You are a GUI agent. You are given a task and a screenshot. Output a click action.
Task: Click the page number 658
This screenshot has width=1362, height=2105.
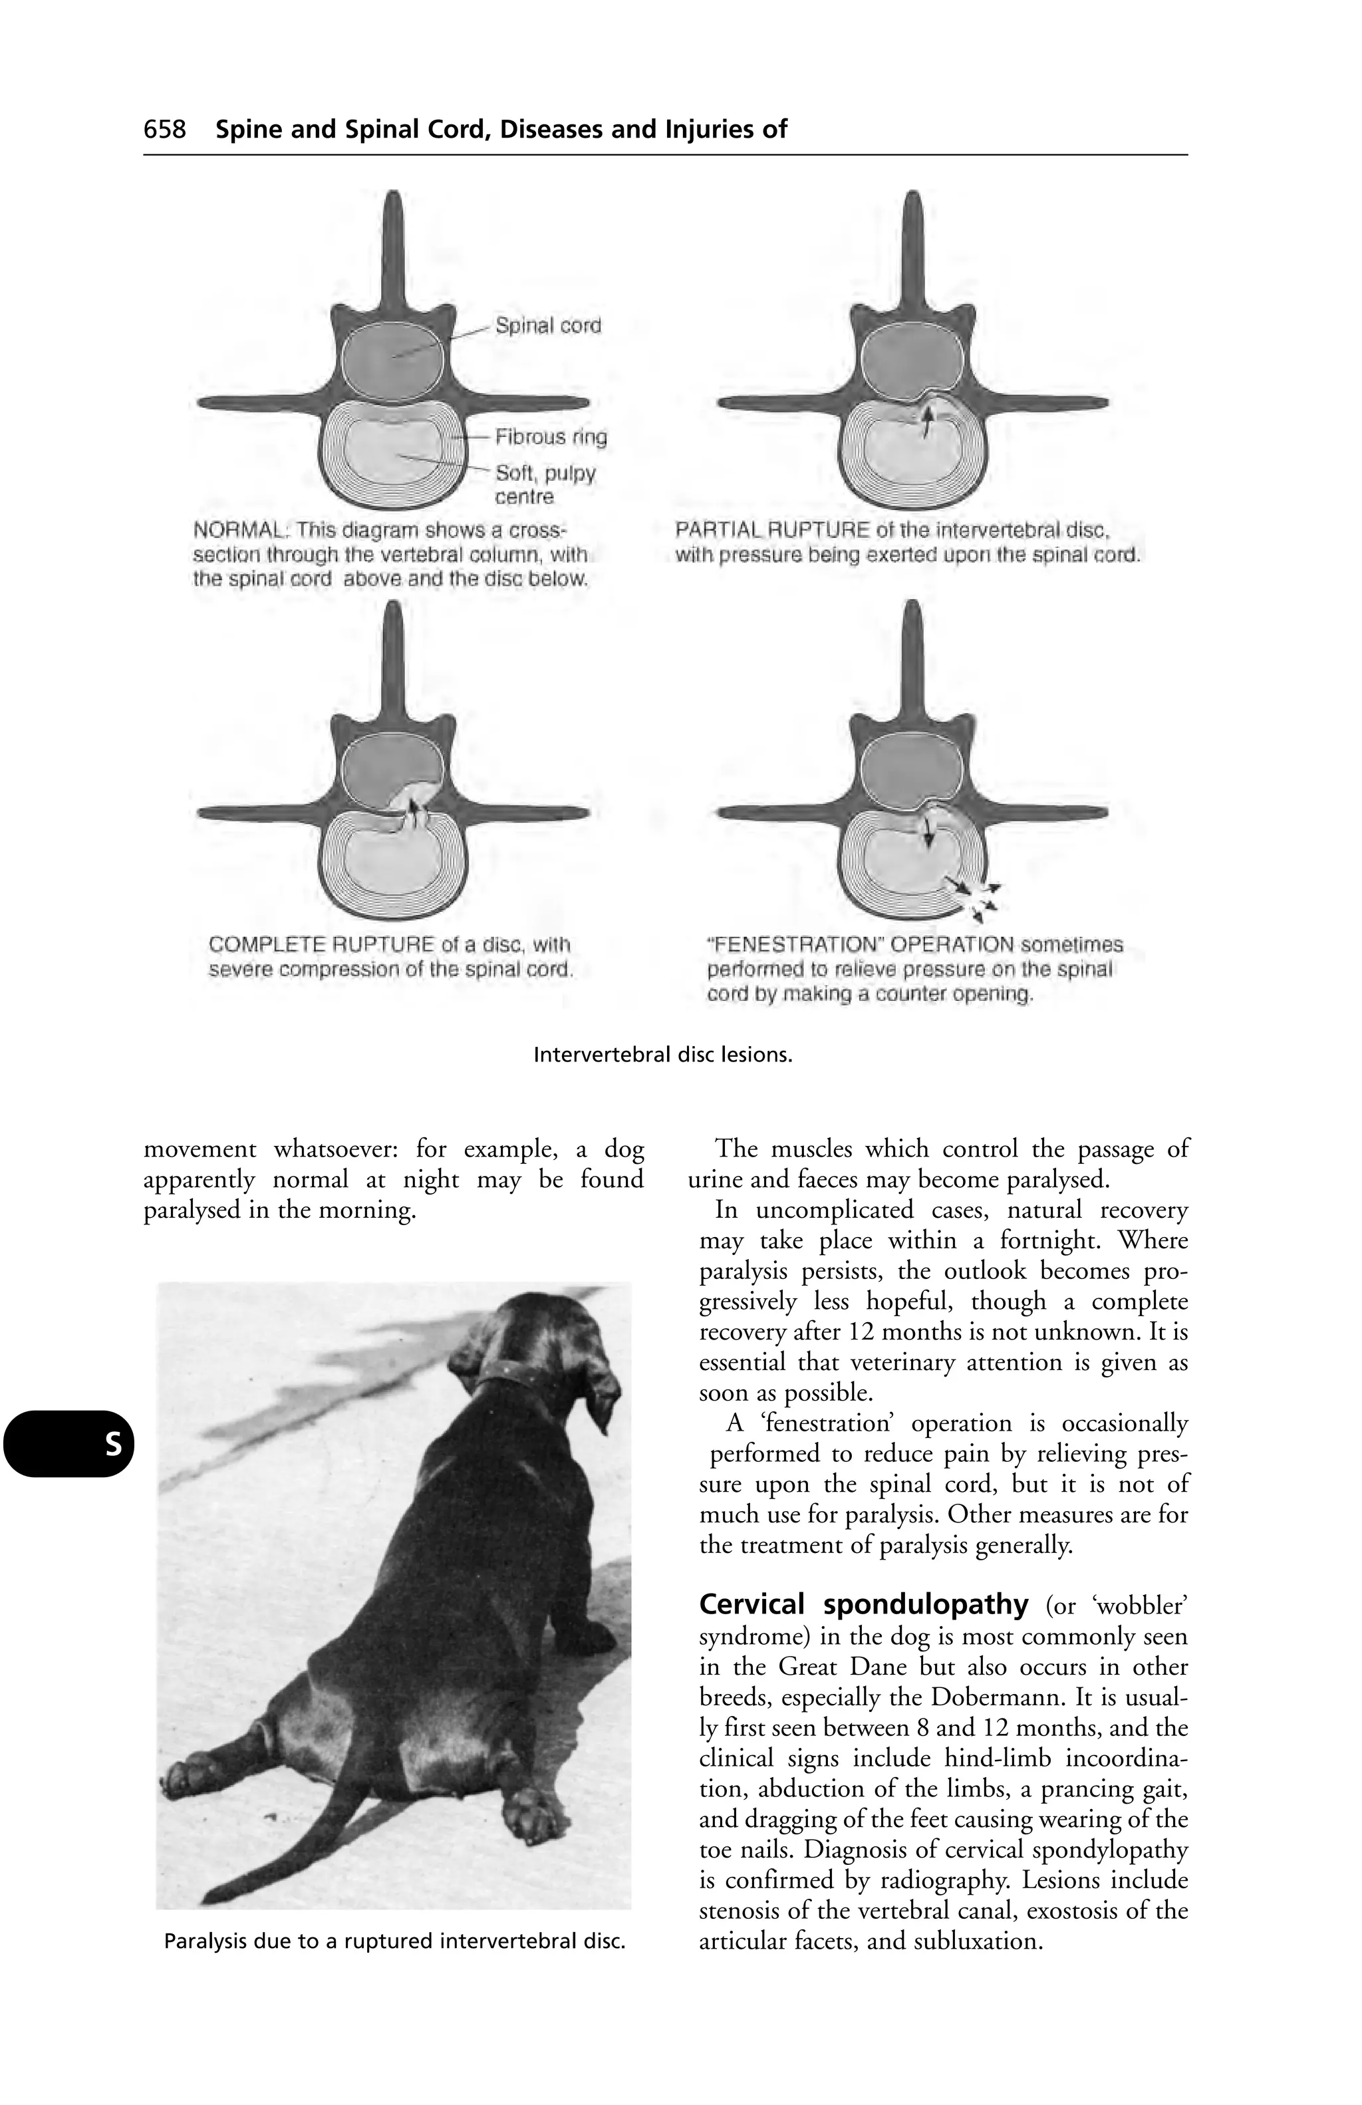pos(166,130)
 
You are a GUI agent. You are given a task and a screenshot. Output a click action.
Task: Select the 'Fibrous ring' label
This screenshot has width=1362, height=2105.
pos(550,437)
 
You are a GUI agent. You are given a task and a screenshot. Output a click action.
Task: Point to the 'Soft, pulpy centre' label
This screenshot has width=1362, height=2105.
pos(544,485)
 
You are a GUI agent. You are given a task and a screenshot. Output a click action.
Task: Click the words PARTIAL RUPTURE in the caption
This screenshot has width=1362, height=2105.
pos(773,531)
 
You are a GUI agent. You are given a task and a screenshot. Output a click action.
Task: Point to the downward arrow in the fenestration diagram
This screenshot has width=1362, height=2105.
pos(928,829)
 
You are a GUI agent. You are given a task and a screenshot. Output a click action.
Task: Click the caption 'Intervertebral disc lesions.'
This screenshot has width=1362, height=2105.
pos(662,1055)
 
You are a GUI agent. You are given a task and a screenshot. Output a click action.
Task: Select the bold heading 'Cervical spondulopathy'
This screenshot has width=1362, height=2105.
pos(863,1604)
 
